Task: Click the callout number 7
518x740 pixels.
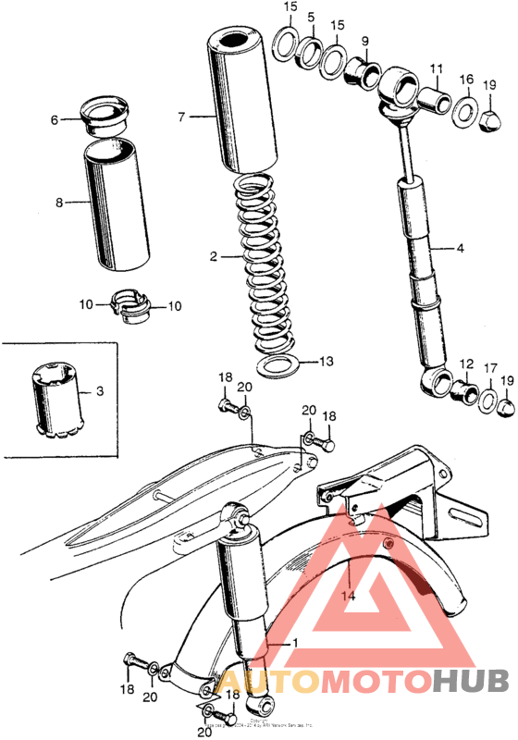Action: (181, 117)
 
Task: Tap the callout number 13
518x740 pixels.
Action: (323, 361)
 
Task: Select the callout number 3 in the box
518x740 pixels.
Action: (99, 392)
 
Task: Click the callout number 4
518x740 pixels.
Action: (460, 248)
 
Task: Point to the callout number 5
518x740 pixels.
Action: (311, 17)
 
